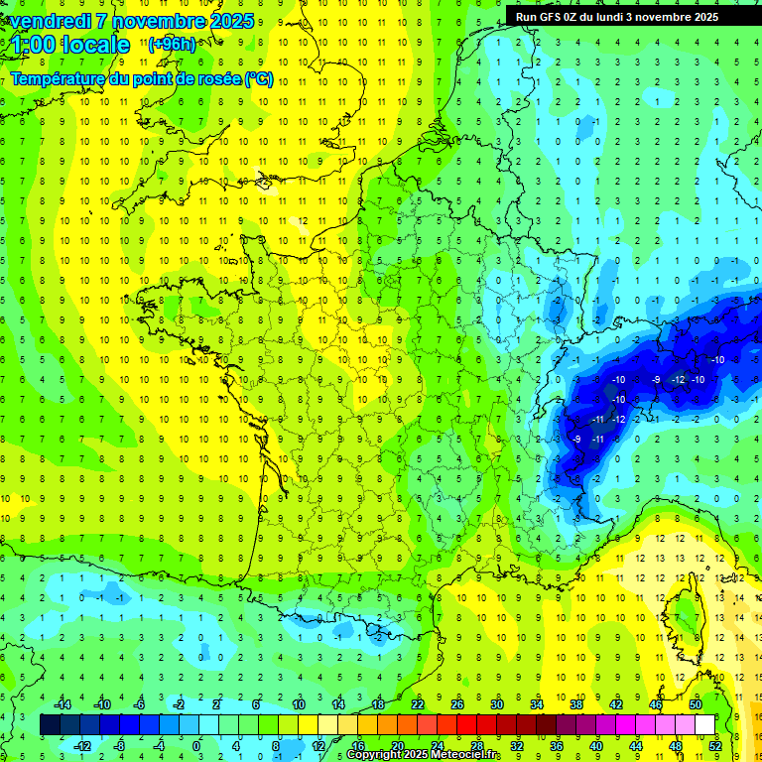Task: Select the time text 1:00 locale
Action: tap(70, 45)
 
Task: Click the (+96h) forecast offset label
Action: tap(172, 45)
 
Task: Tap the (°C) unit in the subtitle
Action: tap(258, 79)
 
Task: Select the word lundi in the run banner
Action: tap(610, 16)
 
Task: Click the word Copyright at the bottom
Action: tap(373, 755)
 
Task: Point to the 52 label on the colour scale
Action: tap(715, 746)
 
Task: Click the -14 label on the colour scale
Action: tap(63, 703)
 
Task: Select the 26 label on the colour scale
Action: tap(457, 703)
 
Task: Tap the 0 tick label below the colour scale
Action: tap(195, 746)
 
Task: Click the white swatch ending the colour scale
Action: tap(705, 724)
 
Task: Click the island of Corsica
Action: tap(683, 615)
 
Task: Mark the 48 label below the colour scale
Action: tap(676, 746)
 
